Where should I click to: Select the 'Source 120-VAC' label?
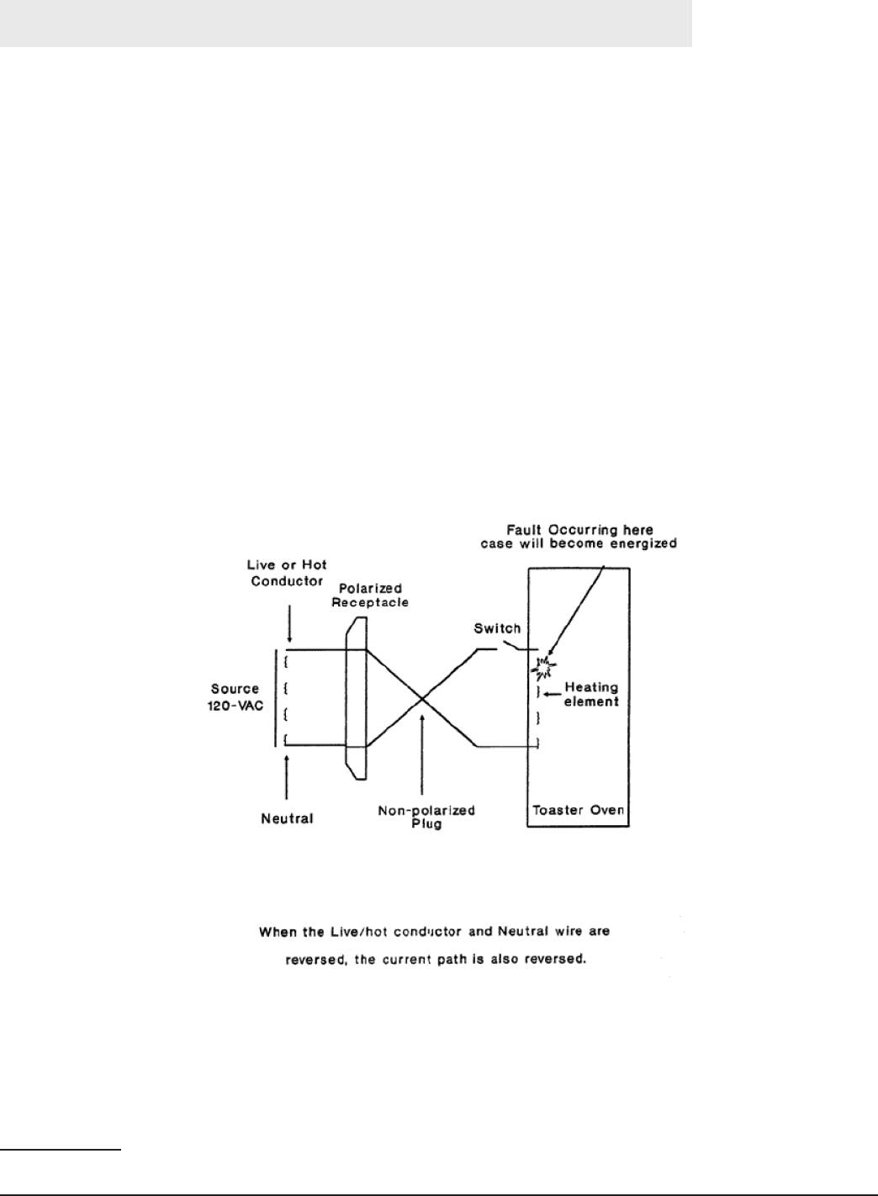(x=236, y=697)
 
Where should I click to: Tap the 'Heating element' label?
(x=591, y=694)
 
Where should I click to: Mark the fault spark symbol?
(x=543, y=668)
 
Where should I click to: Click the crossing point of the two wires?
(x=421, y=697)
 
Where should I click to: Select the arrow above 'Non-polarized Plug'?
(x=420, y=757)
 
